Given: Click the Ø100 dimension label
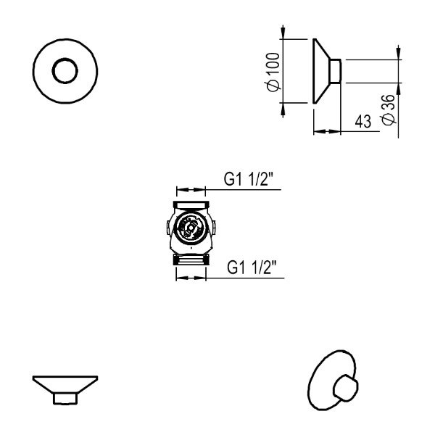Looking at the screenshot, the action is (x=273, y=72).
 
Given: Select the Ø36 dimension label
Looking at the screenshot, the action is (x=388, y=109).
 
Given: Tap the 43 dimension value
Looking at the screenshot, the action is (x=363, y=122).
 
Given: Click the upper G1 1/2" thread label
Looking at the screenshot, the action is (x=248, y=179).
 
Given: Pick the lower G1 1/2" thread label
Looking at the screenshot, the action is (x=252, y=268).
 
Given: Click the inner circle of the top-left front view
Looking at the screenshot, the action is (x=65, y=71).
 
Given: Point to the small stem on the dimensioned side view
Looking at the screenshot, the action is (x=336, y=71).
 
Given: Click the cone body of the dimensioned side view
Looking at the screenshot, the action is (x=321, y=71).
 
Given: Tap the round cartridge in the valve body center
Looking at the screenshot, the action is (x=191, y=228).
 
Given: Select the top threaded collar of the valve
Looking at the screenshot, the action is (x=191, y=205).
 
